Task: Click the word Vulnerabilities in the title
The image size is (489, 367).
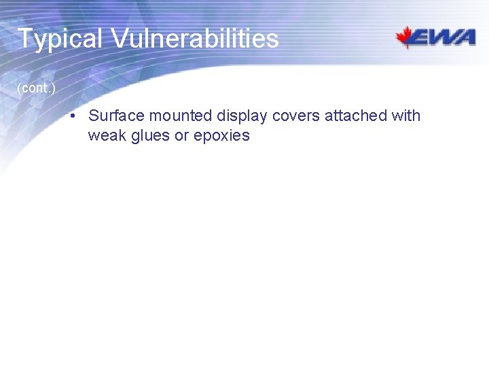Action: pos(195,39)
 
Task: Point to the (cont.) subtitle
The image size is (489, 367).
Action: pos(36,88)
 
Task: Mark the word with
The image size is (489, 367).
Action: pos(406,116)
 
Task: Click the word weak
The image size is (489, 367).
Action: pos(105,135)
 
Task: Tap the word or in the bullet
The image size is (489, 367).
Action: pos(181,136)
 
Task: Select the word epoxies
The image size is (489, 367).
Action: pos(221,136)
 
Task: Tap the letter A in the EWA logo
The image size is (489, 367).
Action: pos(465,38)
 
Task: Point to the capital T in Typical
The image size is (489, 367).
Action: pos(25,39)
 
